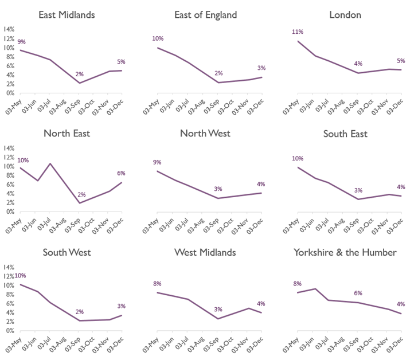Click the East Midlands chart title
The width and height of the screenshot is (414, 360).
coord(67,15)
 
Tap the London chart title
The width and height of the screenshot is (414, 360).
coord(345,15)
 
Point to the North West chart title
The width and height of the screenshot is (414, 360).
coord(205,134)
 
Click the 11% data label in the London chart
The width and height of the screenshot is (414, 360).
coord(297,32)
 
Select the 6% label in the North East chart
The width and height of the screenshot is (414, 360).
coord(121,173)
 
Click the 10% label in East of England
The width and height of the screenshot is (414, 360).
coord(157,38)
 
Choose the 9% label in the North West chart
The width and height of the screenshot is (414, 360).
coord(157,162)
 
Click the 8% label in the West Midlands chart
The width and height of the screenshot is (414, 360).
coord(157,283)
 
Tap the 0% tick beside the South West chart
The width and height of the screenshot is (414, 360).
coord(10,331)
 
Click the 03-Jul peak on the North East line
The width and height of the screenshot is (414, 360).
coord(51,164)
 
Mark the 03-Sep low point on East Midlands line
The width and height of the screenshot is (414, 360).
coord(80,83)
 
